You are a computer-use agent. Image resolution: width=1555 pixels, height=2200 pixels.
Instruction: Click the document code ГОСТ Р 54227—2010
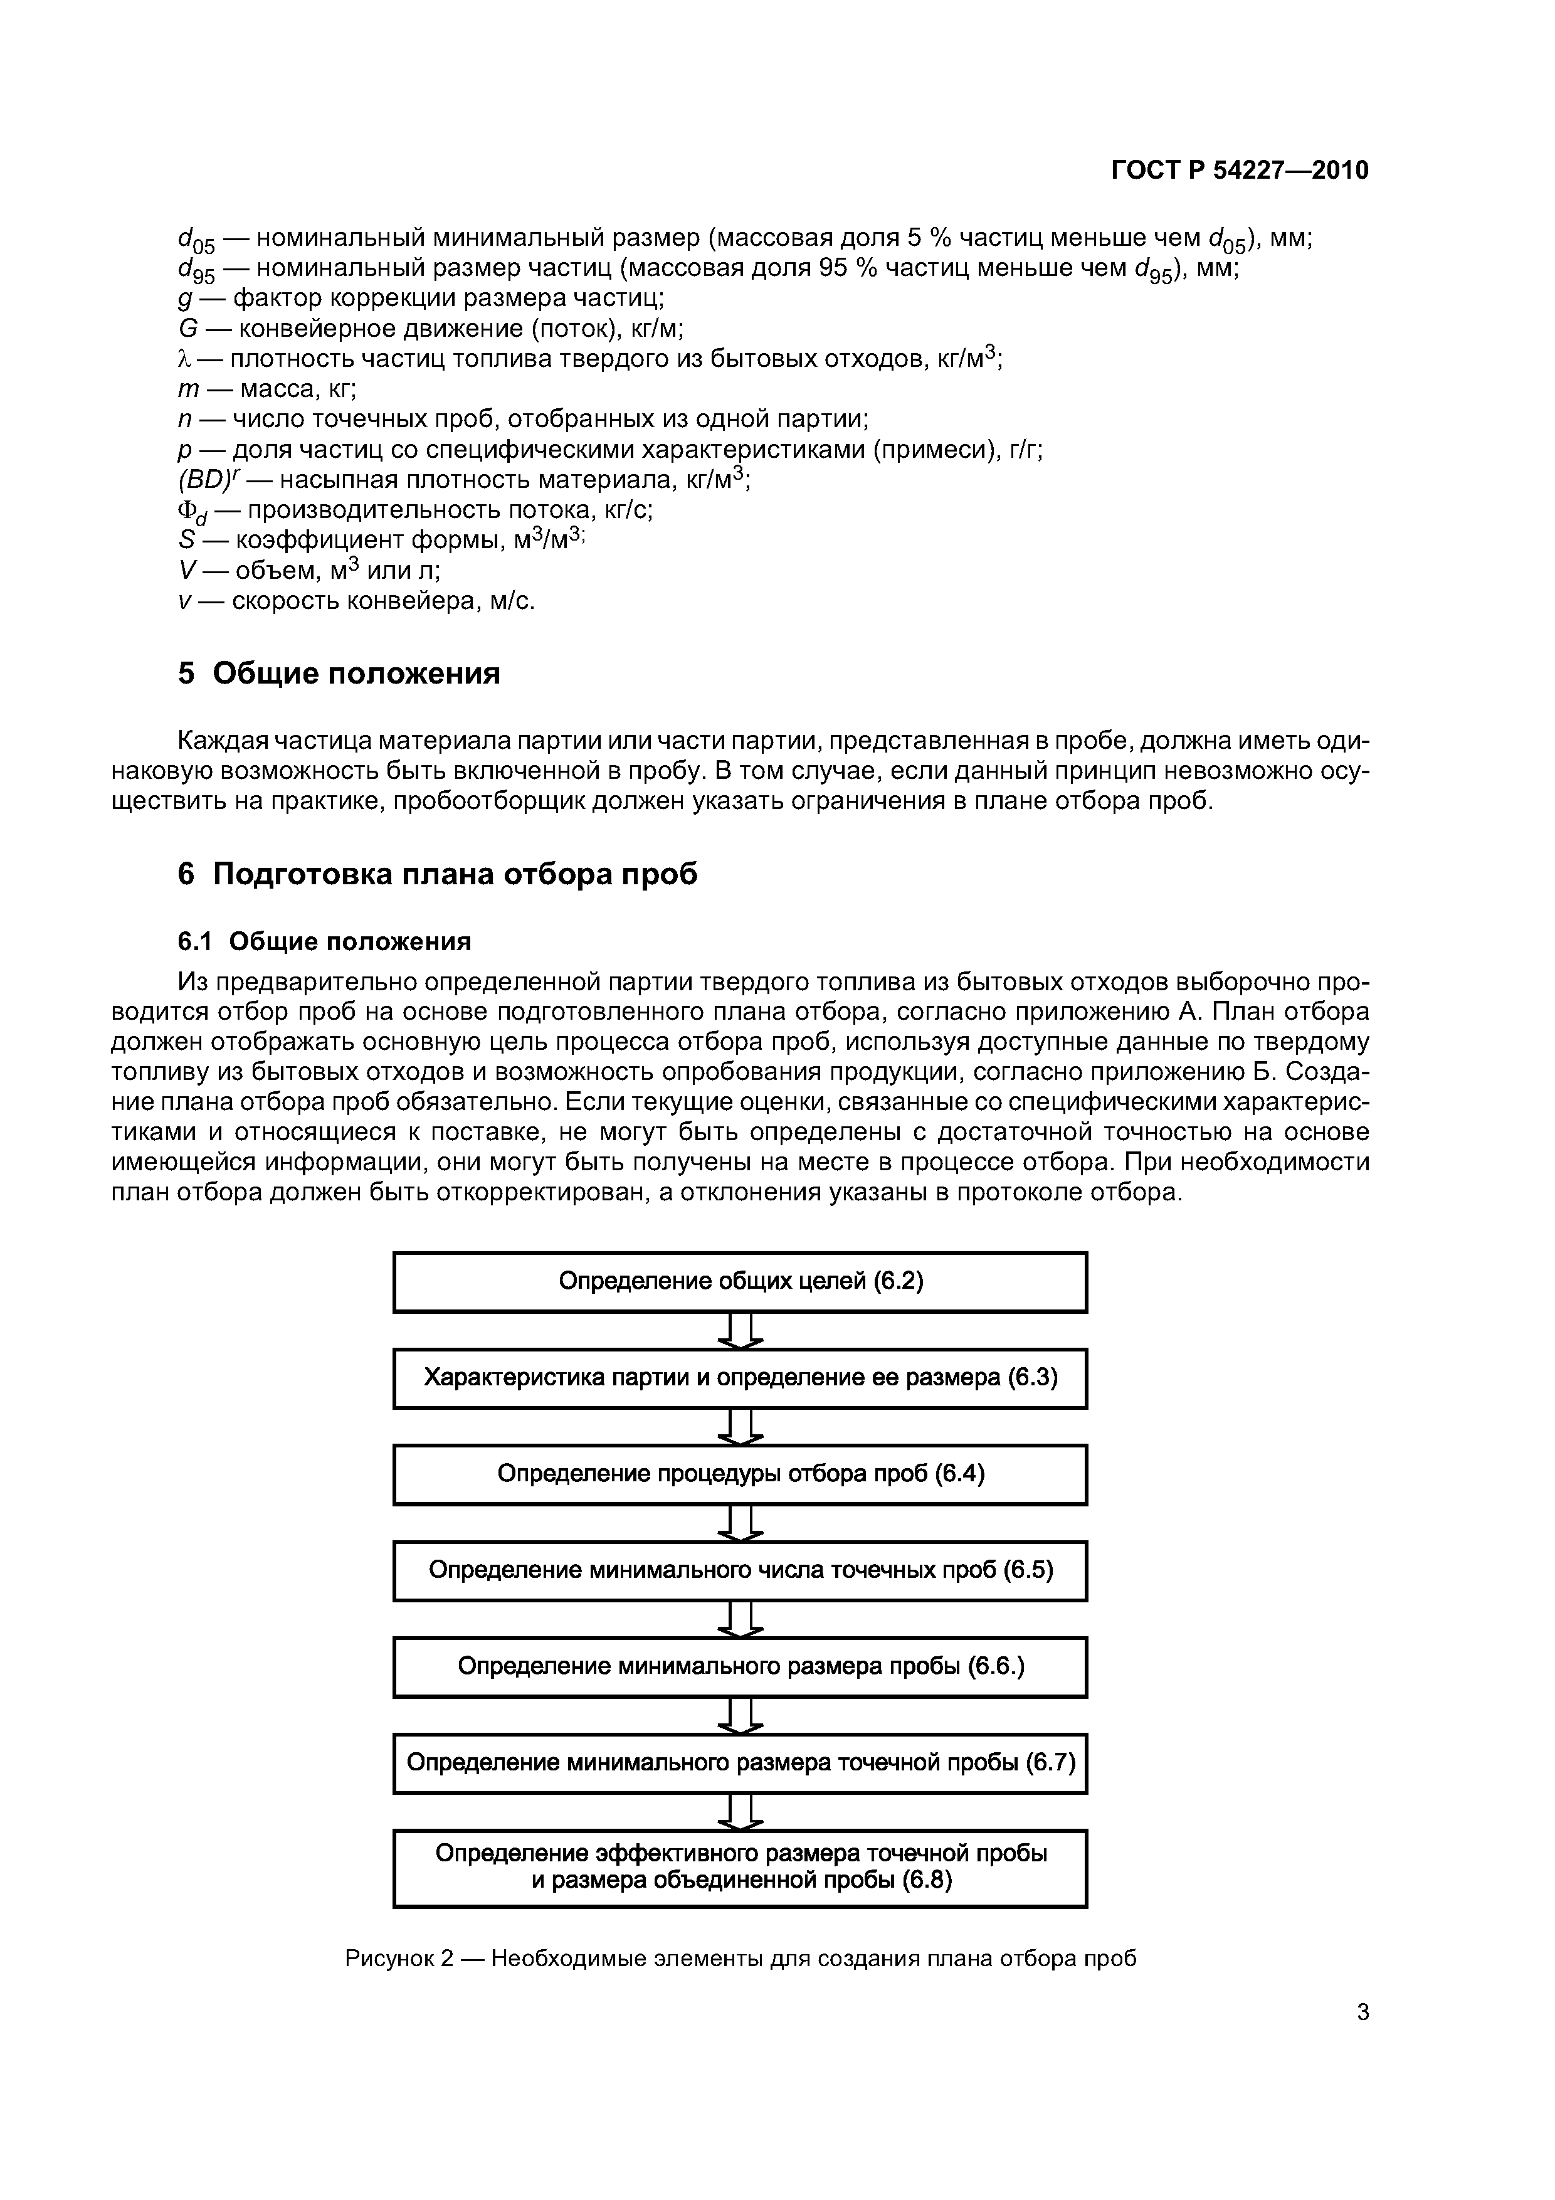1240,171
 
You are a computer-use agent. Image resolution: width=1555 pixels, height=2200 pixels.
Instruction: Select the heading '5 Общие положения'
339,674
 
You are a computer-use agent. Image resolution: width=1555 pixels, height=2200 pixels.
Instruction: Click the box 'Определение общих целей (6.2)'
740,1282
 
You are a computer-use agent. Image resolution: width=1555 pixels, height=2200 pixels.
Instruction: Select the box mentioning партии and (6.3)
740,1378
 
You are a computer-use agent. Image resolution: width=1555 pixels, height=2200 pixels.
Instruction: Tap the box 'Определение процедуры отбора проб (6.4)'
740,1474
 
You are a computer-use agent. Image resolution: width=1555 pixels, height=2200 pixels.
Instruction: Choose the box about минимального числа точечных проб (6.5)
740,1570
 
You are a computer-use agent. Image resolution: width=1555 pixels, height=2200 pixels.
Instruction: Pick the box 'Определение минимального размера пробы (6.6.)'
740,1666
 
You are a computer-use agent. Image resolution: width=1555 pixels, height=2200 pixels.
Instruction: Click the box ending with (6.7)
740,1763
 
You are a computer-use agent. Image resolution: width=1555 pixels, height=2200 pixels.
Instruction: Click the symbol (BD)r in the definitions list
203,479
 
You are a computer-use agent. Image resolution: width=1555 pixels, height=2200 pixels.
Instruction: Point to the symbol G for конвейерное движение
187,329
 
